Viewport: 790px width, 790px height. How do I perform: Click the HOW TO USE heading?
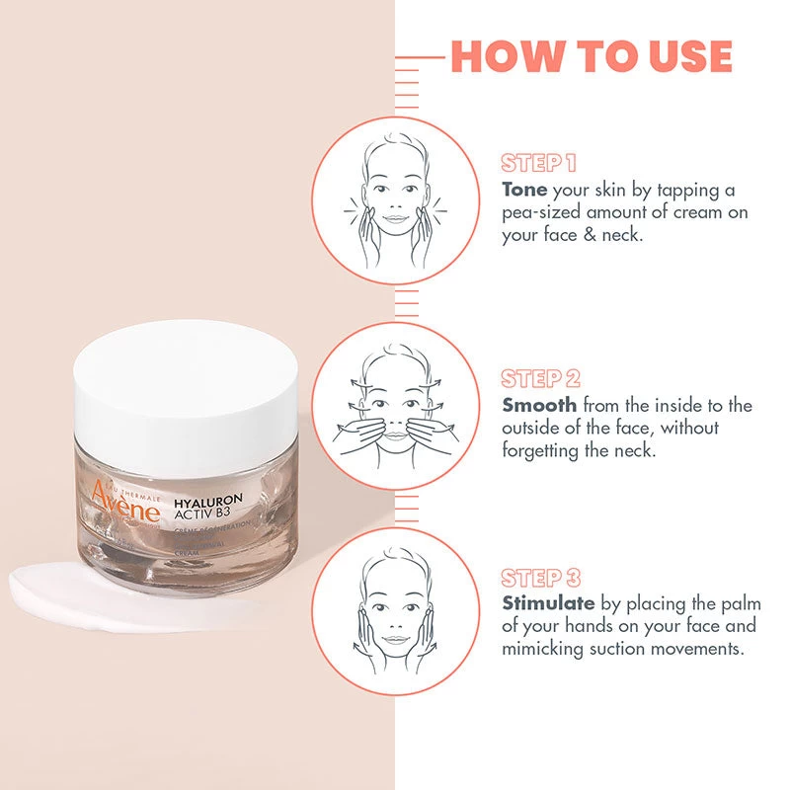click(592, 56)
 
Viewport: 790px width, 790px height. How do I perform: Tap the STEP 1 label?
click(538, 163)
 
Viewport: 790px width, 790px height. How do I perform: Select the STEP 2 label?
click(540, 379)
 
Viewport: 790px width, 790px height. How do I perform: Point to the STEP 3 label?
click(540, 578)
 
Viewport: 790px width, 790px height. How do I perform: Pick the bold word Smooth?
click(539, 405)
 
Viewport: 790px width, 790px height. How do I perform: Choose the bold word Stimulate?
click(548, 602)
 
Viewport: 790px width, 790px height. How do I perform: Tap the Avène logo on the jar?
click(124, 503)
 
